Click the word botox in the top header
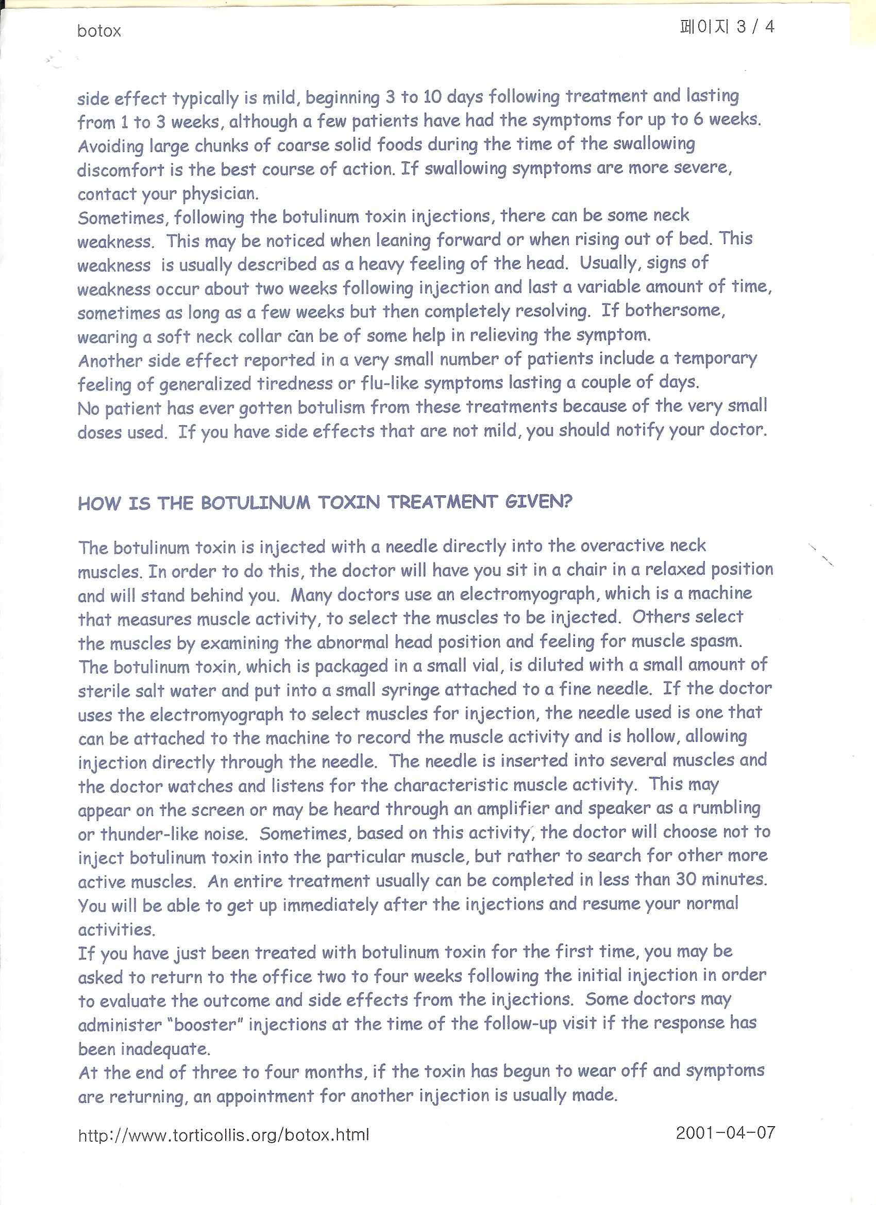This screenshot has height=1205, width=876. [99, 31]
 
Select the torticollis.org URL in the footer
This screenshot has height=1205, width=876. [223, 1135]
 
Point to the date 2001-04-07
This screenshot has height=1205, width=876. [725, 1133]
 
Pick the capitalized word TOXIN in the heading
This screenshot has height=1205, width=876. [348, 503]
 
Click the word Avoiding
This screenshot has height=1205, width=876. [110, 146]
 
